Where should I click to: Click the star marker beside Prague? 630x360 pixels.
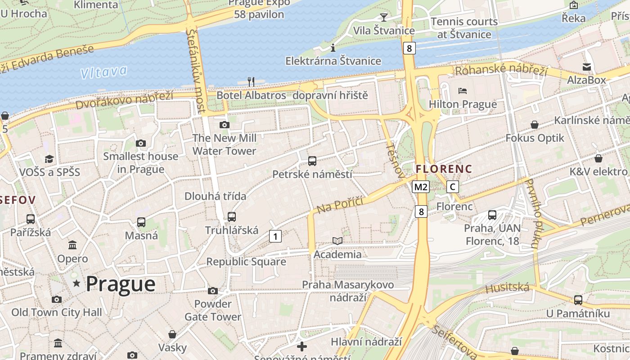[x=77, y=283]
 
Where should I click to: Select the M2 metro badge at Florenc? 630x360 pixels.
[x=421, y=187]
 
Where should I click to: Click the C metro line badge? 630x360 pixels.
[x=453, y=187]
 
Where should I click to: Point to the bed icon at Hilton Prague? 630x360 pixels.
[x=463, y=91]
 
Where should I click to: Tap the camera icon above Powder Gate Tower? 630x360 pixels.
[x=213, y=291]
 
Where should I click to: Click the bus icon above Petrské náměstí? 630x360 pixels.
[x=312, y=161]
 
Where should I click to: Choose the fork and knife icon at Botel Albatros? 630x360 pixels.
[x=251, y=82]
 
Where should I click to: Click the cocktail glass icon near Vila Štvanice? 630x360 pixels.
[x=383, y=18]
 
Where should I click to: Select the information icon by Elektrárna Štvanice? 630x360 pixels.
[x=333, y=48]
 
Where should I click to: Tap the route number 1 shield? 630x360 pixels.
[x=275, y=236]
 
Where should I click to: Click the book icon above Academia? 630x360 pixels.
[x=337, y=241]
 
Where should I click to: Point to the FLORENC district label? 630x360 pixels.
[x=444, y=169]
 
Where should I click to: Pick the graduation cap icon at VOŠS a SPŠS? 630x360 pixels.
[x=49, y=159]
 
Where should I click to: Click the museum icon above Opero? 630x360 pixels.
[x=72, y=245]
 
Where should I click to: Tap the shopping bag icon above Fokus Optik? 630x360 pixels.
[x=535, y=125]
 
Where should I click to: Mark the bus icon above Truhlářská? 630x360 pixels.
[x=232, y=217]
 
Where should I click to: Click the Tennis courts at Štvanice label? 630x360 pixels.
[x=464, y=28]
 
